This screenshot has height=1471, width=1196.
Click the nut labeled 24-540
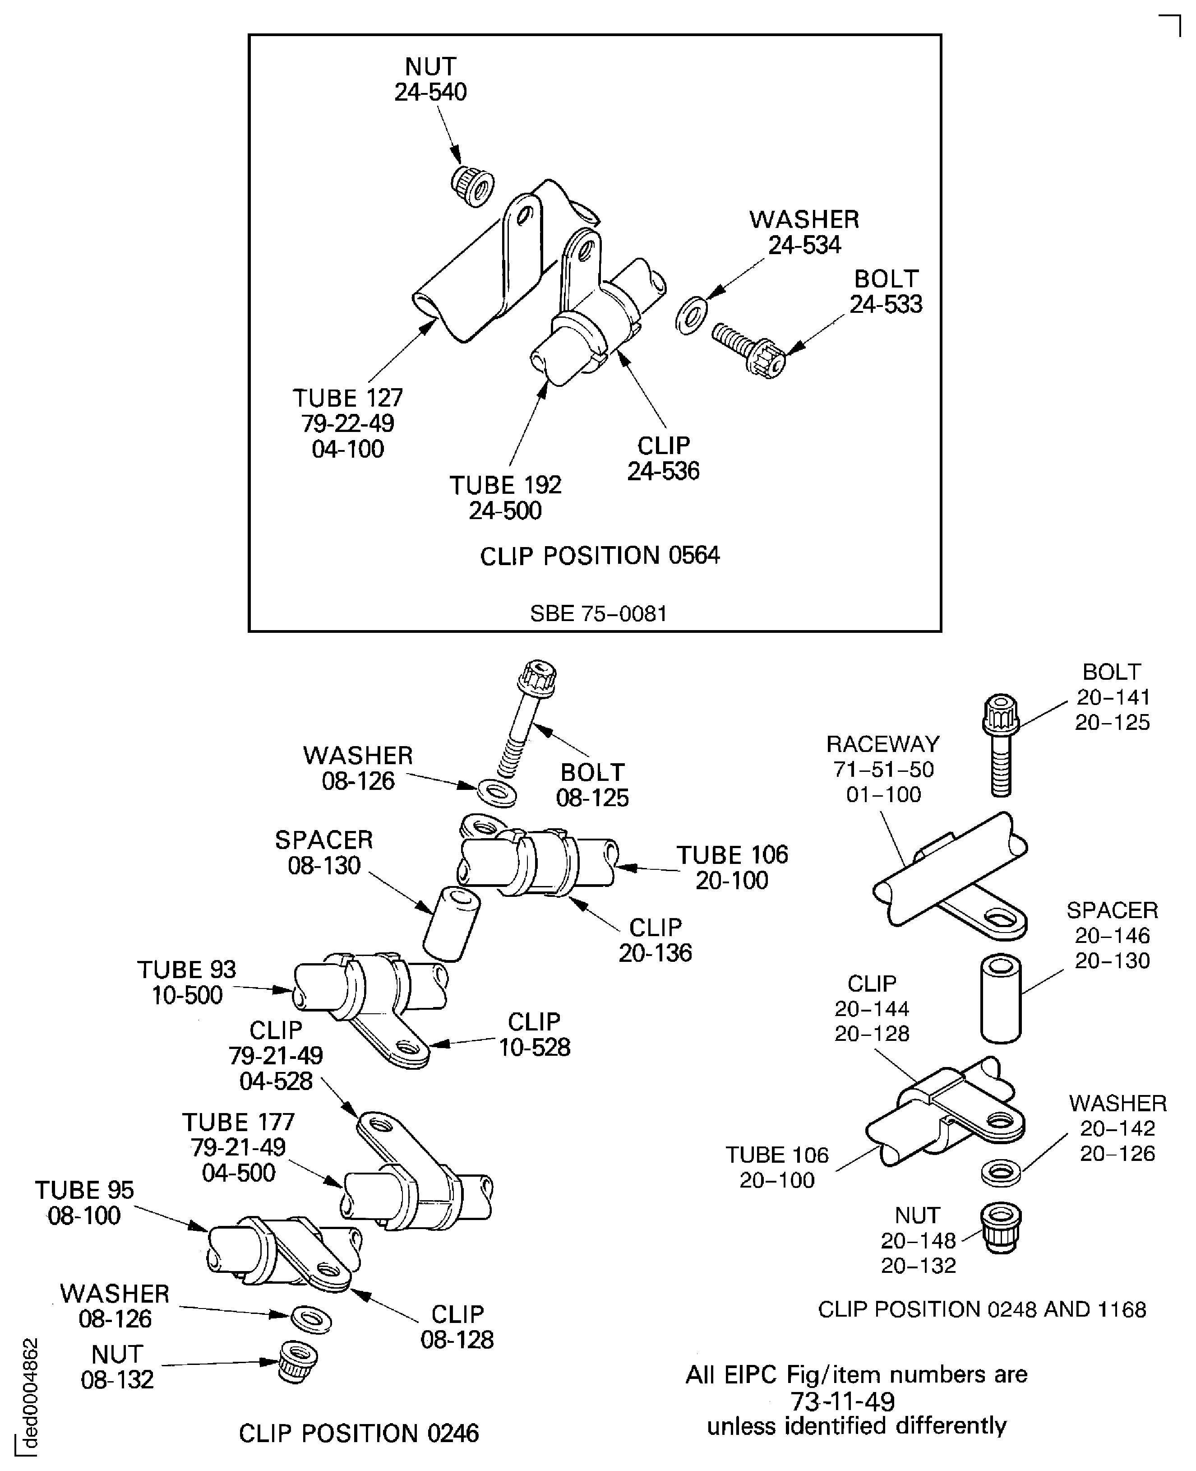click(x=473, y=185)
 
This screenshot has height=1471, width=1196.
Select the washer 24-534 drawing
click(x=691, y=315)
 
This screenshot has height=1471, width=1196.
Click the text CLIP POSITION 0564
click(x=600, y=556)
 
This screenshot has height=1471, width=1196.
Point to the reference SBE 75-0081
click(x=598, y=613)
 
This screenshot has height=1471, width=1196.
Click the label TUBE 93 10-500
click(x=187, y=982)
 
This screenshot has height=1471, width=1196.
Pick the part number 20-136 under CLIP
click(x=655, y=953)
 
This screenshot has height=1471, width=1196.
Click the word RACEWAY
click(x=882, y=744)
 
